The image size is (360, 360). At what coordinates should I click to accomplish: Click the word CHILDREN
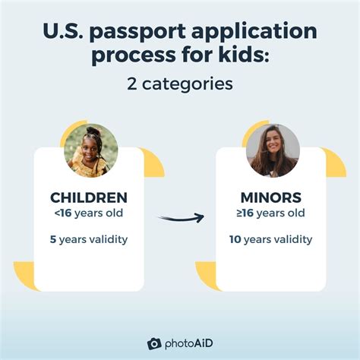[x=89, y=197]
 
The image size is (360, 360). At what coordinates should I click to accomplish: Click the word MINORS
[x=270, y=197]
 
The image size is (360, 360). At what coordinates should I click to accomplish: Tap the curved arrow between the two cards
[x=181, y=218]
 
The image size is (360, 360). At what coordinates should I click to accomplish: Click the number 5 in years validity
[x=54, y=239]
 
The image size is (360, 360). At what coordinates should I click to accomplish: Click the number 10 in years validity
[x=235, y=239]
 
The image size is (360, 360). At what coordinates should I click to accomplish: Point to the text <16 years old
[x=89, y=213]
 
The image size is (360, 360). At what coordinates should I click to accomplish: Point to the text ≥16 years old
[x=270, y=213]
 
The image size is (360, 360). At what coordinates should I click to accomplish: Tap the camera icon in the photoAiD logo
[x=154, y=343]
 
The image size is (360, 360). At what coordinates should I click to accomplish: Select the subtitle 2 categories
[x=180, y=84]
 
